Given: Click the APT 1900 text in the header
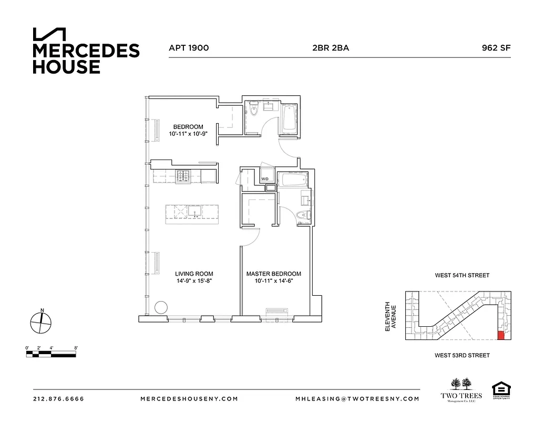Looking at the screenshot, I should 189,48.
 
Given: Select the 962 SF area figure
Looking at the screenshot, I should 496,48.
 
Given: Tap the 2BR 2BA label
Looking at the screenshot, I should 330,48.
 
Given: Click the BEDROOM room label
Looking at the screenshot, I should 188,127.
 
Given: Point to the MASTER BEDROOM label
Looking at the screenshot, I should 274,274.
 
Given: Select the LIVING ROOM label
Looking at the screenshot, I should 194,274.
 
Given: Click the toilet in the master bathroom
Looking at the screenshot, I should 302,215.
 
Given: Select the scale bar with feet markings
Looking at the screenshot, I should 52,353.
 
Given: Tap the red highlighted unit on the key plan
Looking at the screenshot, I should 500,335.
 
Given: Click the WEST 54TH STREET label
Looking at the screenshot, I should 462,275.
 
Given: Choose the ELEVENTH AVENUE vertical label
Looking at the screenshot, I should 389,316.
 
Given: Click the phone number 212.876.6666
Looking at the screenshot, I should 58,399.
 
